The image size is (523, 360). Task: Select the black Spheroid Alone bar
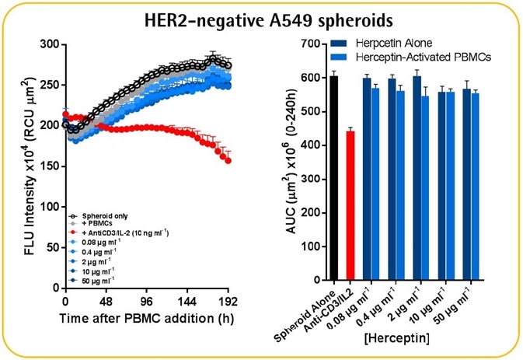[333, 179]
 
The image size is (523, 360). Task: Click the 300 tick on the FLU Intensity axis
[49, 44]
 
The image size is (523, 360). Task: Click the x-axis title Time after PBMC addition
[145, 320]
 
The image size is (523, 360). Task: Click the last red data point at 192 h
[228, 160]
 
